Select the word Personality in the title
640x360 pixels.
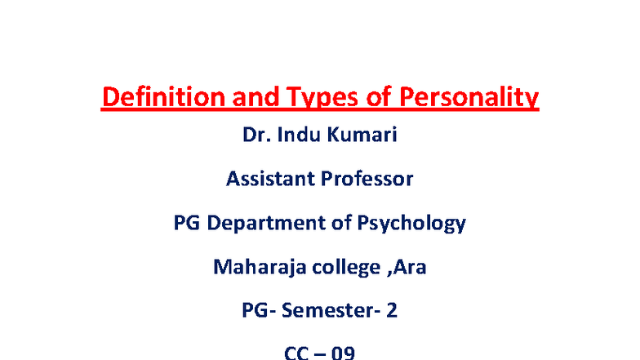(x=469, y=99)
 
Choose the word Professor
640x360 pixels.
(x=365, y=178)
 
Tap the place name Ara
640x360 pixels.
(x=411, y=266)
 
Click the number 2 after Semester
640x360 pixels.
(x=392, y=310)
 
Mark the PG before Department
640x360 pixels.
(x=189, y=222)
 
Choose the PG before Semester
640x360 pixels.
(x=256, y=310)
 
